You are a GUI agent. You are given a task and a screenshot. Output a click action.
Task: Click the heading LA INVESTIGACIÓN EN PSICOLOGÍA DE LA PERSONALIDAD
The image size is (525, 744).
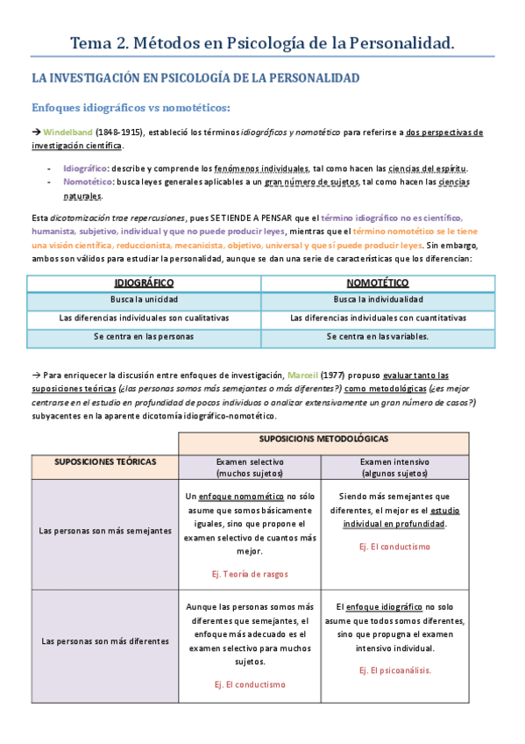(195, 78)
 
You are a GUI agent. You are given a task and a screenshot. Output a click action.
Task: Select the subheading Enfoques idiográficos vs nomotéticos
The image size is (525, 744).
(131, 107)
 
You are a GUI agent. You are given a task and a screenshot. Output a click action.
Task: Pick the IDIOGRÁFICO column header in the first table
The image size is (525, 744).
(144, 283)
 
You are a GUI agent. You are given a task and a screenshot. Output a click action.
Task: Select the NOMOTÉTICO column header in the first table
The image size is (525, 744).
(378, 283)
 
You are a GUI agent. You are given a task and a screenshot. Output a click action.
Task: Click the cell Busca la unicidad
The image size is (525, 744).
(144, 300)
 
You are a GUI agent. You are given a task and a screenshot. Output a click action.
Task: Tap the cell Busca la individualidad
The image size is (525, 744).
(378, 300)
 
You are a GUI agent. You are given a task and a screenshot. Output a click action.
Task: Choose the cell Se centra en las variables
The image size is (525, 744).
(378, 336)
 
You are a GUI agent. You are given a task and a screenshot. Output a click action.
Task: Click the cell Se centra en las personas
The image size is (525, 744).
(144, 336)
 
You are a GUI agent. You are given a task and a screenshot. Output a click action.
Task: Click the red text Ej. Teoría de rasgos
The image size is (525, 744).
(250, 574)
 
